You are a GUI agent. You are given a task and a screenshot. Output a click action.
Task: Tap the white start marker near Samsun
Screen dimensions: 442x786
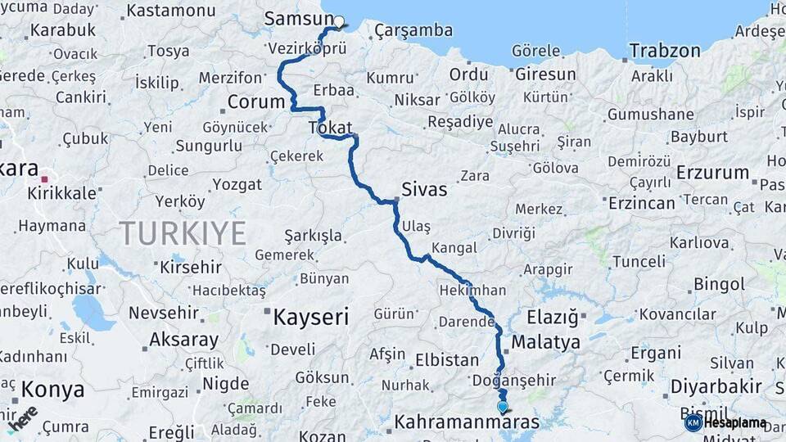339,22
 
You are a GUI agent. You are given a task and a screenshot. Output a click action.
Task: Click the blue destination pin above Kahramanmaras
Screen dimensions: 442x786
502,406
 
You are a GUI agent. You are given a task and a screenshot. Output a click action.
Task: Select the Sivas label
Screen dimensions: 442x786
424,190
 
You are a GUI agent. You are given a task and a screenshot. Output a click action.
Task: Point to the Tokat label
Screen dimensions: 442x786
330,128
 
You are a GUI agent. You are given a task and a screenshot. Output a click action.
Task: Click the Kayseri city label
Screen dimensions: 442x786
311,317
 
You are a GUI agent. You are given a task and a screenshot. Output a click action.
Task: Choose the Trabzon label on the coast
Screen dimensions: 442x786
665,51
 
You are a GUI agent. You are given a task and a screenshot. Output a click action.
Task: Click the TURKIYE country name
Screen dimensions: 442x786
183,233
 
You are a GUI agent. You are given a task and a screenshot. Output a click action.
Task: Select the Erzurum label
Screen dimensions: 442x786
713,173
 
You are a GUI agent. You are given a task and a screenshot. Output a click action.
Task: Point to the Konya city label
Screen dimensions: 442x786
53,390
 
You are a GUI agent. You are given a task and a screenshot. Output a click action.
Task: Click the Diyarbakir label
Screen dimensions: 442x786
716,386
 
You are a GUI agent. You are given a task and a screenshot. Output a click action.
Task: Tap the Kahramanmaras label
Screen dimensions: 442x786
467,422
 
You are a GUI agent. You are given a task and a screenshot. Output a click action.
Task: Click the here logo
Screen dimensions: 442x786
22,417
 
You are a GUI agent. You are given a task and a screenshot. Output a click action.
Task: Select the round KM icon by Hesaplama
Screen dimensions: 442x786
693,422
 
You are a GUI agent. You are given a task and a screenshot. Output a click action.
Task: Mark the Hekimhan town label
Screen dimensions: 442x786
472,291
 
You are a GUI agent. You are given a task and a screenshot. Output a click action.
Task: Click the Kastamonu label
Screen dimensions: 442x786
171,11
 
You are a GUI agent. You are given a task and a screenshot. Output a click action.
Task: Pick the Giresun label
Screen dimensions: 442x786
545,74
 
